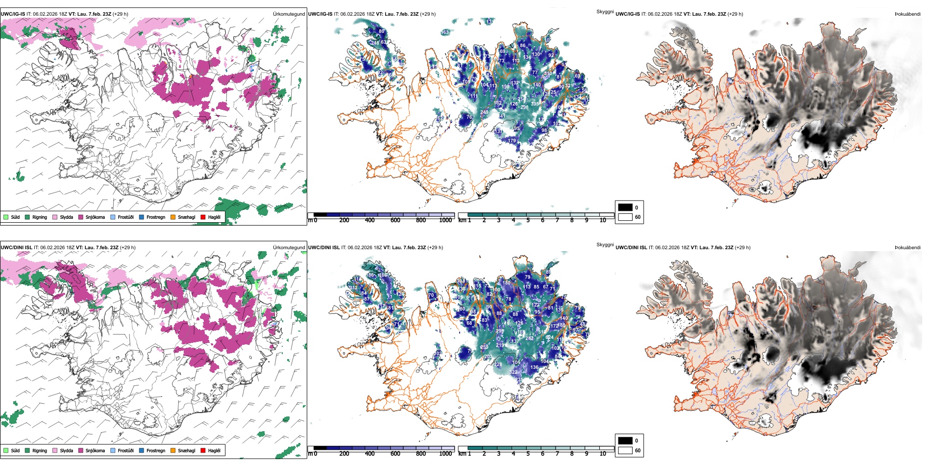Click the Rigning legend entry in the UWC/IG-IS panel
click(40, 217)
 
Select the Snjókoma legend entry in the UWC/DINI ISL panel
click(95, 450)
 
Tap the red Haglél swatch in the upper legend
click(203, 217)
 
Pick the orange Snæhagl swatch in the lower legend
click(173, 450)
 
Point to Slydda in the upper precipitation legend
click(66, 217)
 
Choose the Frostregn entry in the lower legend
click(155, 450)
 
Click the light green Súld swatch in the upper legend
click(6, 217)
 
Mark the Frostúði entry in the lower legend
click(125, 450)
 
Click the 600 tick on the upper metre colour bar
click(395, 220)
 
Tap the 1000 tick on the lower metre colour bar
click(445, 454)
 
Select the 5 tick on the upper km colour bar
click(528, 220)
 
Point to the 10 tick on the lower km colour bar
click(603, 454)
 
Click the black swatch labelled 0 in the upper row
click(625, 207)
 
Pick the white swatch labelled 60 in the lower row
click(625, 450)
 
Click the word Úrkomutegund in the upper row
click(289, 14)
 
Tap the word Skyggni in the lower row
click(605, 245)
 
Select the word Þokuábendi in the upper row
click(907, 14)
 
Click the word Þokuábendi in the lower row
click(907, 248)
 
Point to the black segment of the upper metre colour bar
click(320, 214)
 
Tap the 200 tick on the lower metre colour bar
click(344, 454)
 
